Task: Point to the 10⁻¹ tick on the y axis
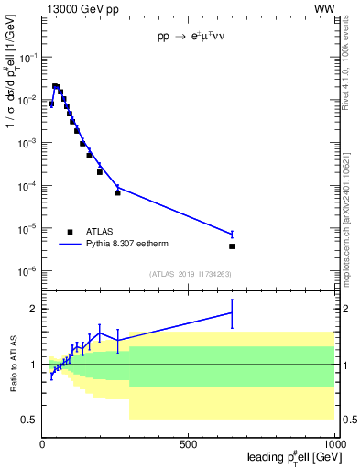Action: (x=28, y=57)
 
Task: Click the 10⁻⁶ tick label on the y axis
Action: (x=28, y=271)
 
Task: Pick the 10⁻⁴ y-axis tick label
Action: (x=28, y=186)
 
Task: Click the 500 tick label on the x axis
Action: (x=189, y=444)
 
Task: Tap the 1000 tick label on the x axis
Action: (x=333, y=444)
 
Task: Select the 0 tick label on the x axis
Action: (x=43, y=444)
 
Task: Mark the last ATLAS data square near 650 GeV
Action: (x=232, y=246)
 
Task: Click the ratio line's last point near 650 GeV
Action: (x=232, y=312)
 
